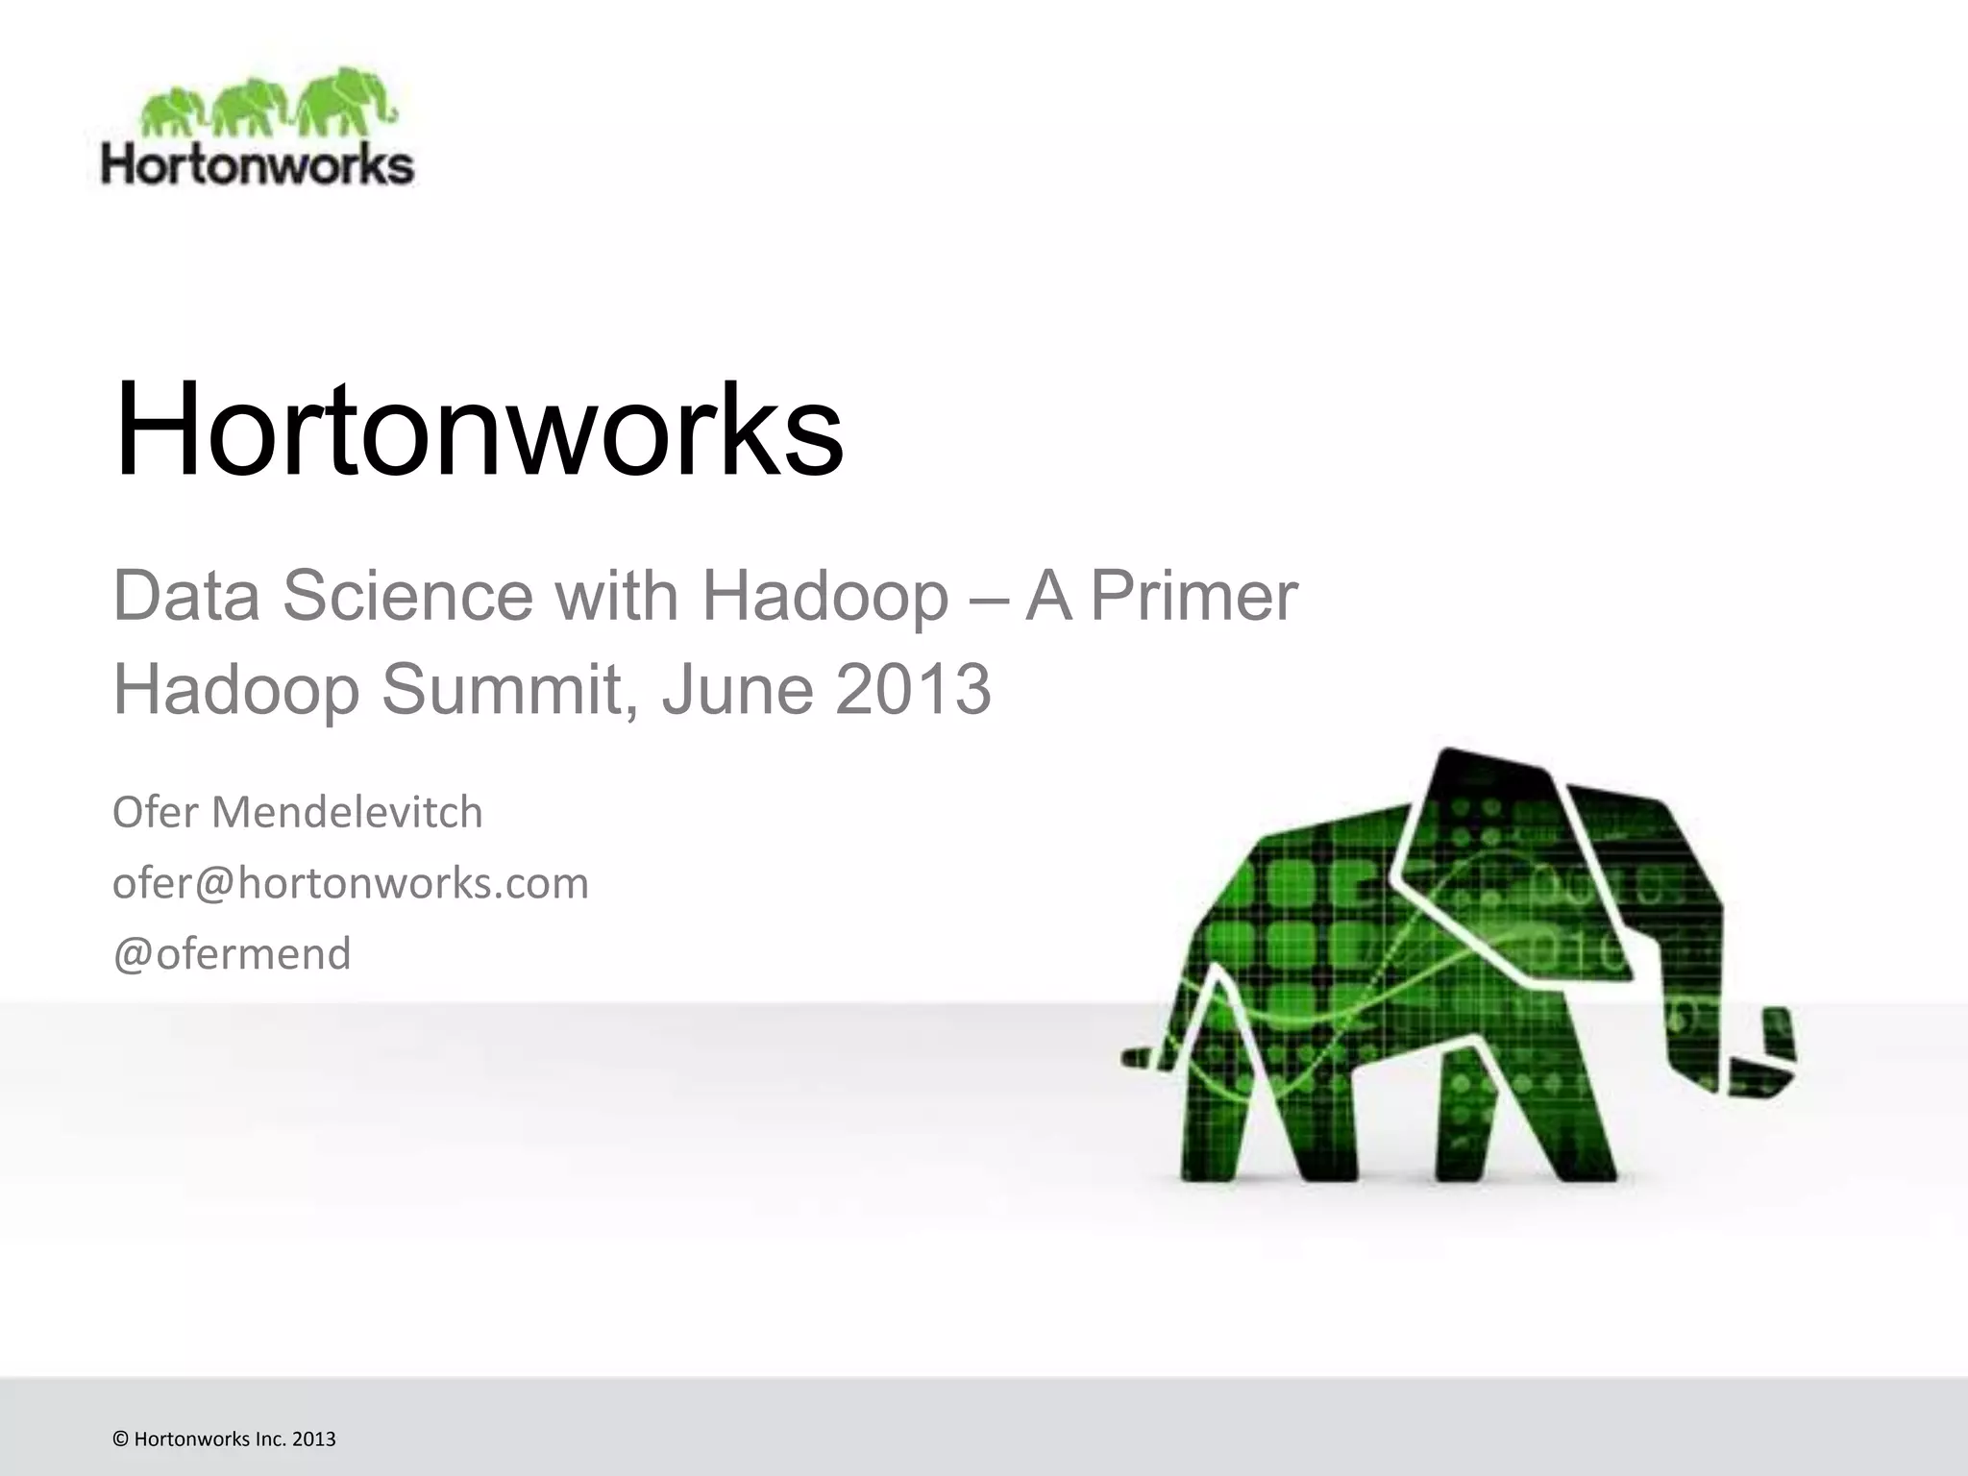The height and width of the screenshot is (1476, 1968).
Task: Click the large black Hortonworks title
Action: click(478, 430)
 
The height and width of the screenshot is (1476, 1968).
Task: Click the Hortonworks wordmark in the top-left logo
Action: click(258, 164)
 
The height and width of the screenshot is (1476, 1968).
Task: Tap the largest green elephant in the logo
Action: click(344, 101)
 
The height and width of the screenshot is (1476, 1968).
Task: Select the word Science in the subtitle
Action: click(407, 596)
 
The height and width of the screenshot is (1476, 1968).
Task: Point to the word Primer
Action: click(1193, 596)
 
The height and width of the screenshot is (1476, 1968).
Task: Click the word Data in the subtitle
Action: click(186, 596)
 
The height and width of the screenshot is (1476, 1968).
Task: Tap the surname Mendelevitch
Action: click(347, 812)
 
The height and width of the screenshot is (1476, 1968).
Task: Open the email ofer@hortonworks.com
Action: click(350, 883)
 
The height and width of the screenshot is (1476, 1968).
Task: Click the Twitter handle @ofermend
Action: click(232, 954)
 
